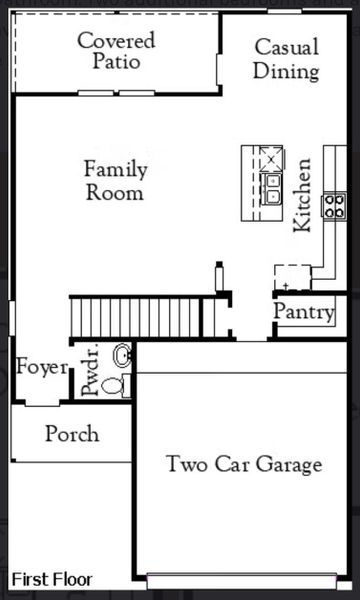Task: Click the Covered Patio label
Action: tap(117, 51)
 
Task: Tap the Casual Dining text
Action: tap(286, 59)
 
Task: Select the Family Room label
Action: tap(114, 180)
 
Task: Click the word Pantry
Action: tap(304, 312)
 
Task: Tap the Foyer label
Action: tap(42, 367)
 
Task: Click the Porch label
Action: tap(72, 434)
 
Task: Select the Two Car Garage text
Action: tap(244, 464)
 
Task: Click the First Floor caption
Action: tap(51, 579)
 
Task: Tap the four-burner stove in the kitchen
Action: tap(333, 206)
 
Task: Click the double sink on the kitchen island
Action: tap(271, 189)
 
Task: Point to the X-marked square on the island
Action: tap(272, 158)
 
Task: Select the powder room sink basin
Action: tap(122, 355)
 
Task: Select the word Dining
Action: tap(286, 71)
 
